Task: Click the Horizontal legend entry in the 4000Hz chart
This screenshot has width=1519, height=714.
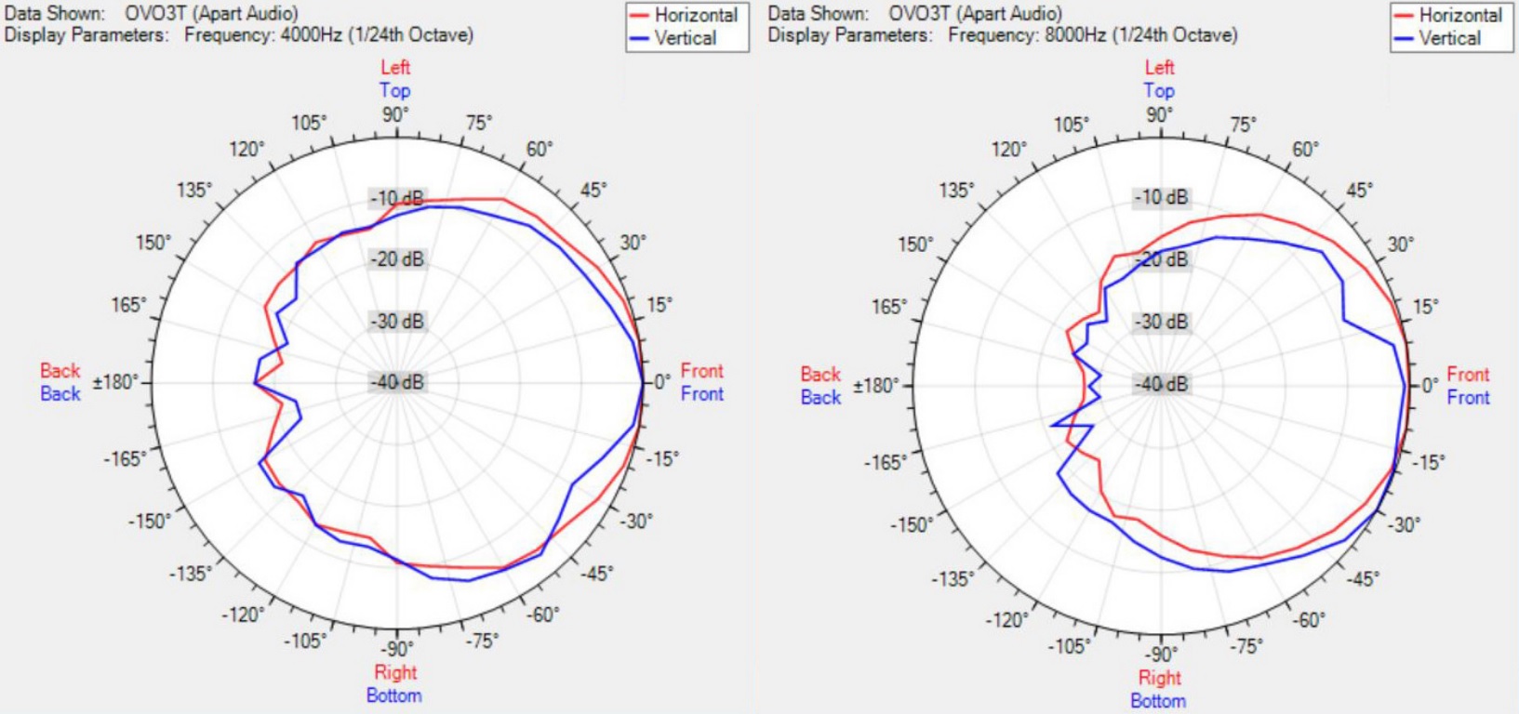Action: (x=695, y=15)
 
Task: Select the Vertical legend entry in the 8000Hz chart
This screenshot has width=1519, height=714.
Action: (x=1449, y=38)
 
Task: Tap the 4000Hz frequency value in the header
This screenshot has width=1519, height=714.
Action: (x=310, y=35)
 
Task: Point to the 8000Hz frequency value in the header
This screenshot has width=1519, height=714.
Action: (x=1074, y=35)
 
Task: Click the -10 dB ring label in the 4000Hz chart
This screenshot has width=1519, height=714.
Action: (x=397, y=198)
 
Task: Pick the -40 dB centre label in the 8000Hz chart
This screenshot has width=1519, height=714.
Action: (x=1162, y=383)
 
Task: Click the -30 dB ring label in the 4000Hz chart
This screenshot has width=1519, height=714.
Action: (x=397, y=322)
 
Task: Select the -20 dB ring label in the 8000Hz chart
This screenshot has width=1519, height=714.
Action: (x=1162, y=259)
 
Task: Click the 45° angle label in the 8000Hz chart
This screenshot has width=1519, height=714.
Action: (x=1358, y=191)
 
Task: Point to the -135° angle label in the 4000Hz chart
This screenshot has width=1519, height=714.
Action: (x=190, y=574)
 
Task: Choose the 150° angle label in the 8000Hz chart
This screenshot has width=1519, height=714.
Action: (x=915, y=245)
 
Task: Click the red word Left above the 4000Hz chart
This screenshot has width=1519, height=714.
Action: (x=395, y=67)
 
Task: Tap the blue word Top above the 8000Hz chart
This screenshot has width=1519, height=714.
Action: (x=1159, y=90)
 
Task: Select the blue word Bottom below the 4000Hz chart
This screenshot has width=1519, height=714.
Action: (x=394, y=695)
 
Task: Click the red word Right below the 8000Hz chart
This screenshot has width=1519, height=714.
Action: (x=1159, y=678)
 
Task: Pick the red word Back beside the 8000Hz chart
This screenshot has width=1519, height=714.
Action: (x=820, y=374)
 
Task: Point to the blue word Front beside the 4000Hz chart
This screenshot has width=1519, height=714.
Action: (x=701, y=393)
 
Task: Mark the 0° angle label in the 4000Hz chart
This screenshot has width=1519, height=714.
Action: (x=660, y=382)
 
